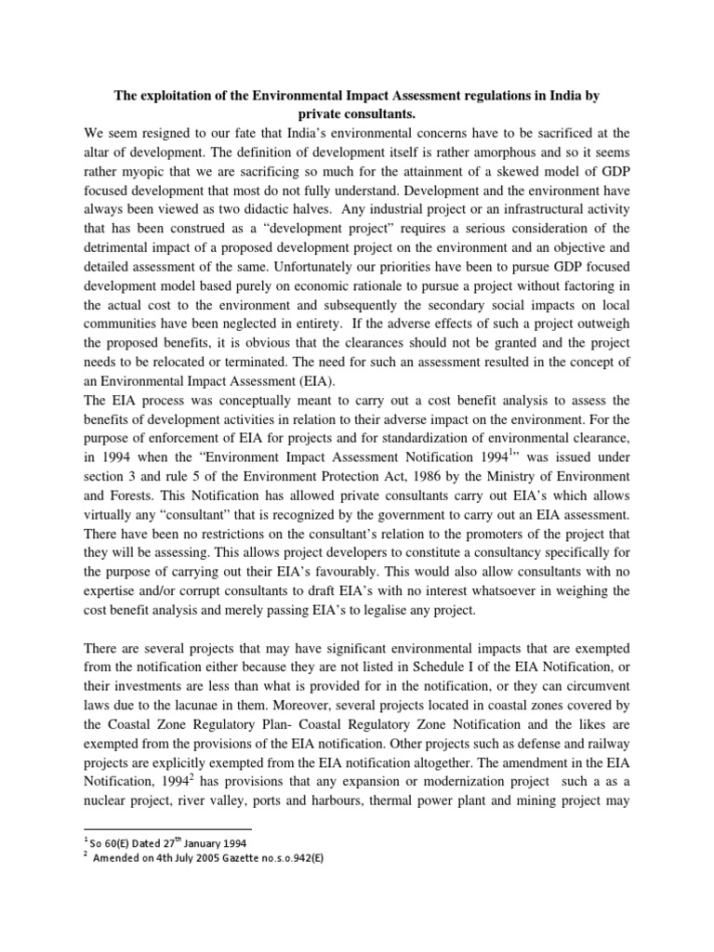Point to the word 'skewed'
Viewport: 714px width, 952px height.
click(531, 174)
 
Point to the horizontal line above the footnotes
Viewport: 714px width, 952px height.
click(167, 828)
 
